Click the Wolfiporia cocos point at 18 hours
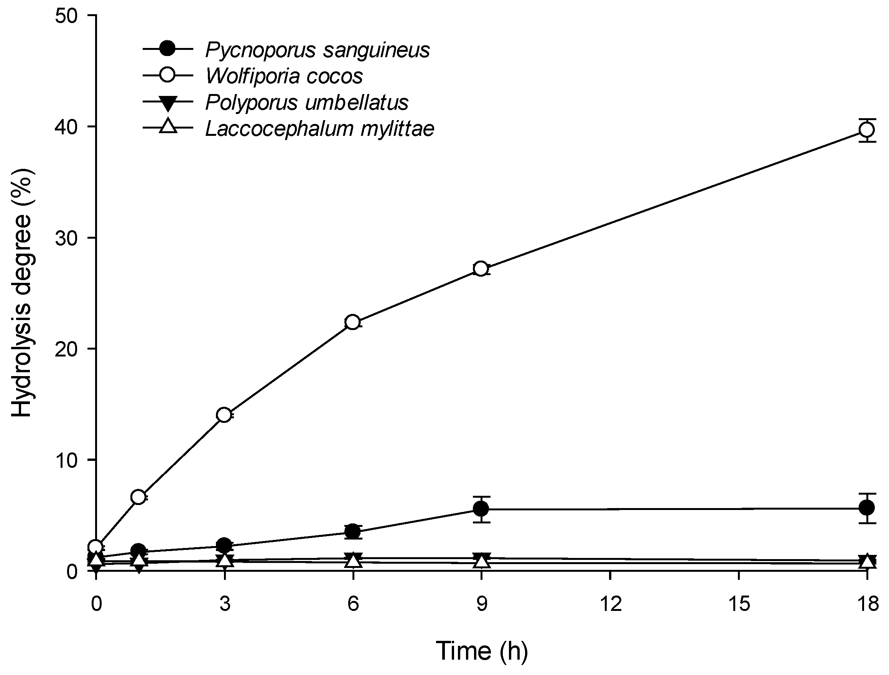[866, 130]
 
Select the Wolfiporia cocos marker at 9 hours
[481, 268]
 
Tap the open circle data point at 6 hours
[352, 322]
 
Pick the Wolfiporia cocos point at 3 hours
[224, 414]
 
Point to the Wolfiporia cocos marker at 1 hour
[138, 497]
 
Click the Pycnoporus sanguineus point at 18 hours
[866, 508]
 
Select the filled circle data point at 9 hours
[481, 509]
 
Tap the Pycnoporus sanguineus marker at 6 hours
[352, 531]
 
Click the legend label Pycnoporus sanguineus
[318, 50]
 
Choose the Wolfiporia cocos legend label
[284, 76]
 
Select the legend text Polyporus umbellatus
[307, 102]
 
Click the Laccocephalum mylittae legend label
[320, 129]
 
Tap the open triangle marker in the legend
[168, 127]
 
